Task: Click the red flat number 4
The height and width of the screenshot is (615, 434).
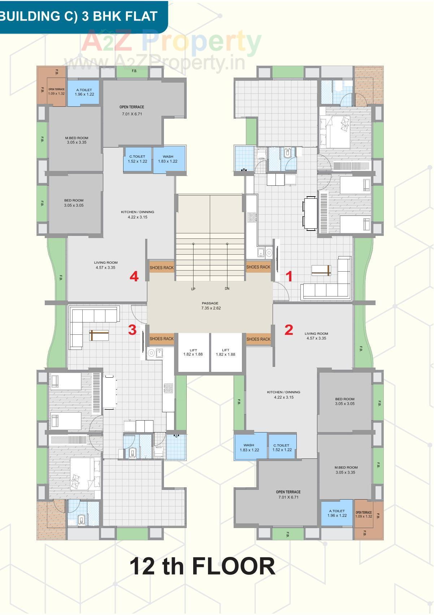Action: (x=134, y=277)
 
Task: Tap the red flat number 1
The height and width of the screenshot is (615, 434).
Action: (x=289, y=277)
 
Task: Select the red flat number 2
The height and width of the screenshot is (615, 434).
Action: (x=288, y=330)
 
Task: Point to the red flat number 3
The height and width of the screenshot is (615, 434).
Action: (x=133, y=330)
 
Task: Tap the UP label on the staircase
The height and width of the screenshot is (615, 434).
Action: (x=193, y=289)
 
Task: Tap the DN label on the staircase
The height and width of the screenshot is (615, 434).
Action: (x=227, y=289)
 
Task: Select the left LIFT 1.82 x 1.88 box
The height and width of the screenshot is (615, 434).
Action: (x=193, y=352)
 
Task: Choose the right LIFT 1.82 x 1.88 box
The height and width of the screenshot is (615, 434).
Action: (x=226, y=352)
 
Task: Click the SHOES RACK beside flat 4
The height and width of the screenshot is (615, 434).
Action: (x=161, y=268)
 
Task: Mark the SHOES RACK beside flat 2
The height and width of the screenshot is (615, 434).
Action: (x=258, y=339)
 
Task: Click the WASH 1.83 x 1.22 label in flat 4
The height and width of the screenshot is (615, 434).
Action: (x=168, y=159)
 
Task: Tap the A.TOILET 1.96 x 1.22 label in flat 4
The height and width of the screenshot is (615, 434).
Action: (x=84, y=92)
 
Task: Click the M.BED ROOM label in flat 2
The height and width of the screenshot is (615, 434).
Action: (x=346, y=470)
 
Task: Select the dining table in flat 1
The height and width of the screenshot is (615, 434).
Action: (x=310, y=213)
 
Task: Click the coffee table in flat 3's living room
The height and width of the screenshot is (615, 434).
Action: (x=99, y=335)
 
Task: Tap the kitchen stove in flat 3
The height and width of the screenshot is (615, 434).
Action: (x=168, y=388)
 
